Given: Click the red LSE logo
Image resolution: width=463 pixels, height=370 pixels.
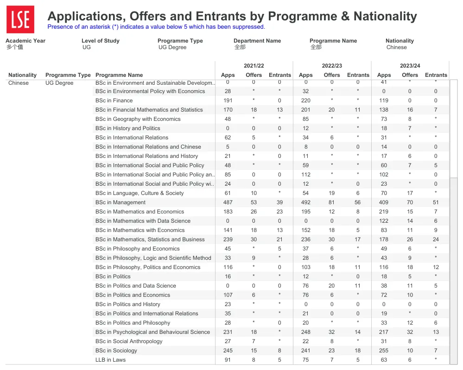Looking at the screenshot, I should tap(20, 19).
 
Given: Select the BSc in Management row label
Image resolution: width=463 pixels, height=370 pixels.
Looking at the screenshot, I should tap(121, 202).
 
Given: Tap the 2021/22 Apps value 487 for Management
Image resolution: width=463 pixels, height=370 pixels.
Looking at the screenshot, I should tap(228, 202).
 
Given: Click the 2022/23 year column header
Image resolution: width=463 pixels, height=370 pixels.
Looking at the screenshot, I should tap(331, 66).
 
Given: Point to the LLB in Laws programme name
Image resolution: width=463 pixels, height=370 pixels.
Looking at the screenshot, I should tap(110, 360).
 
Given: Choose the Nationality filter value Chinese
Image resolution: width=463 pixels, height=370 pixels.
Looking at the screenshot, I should tap(396, 47).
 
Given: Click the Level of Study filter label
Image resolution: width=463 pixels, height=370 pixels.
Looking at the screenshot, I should tap(100, 41).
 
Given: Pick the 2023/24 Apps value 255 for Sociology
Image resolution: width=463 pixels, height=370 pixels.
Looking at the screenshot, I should tap(384, 351).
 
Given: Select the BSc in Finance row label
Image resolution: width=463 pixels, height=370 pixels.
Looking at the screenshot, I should tap(114, 100).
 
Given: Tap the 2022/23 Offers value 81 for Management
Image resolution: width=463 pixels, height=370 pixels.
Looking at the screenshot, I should tap(332, 202).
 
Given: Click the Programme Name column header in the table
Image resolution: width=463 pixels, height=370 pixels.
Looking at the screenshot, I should tap(119, 75).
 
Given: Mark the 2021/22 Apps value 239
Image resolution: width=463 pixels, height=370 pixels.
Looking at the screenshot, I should tap(228, 239).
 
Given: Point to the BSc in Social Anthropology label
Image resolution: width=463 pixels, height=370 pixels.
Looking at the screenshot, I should tap(129, 341).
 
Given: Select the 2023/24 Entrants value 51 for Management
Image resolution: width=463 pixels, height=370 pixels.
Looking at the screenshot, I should tap(436, 202).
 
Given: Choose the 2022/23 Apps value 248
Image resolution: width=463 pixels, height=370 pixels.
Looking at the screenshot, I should tap(305, 332).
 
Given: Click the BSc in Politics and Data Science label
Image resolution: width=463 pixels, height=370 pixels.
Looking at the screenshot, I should tap(136, 286).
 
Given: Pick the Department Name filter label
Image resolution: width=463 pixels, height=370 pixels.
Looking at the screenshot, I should tap(257, 41).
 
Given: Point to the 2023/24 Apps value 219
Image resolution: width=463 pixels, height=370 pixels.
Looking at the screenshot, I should tap(384, 212).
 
